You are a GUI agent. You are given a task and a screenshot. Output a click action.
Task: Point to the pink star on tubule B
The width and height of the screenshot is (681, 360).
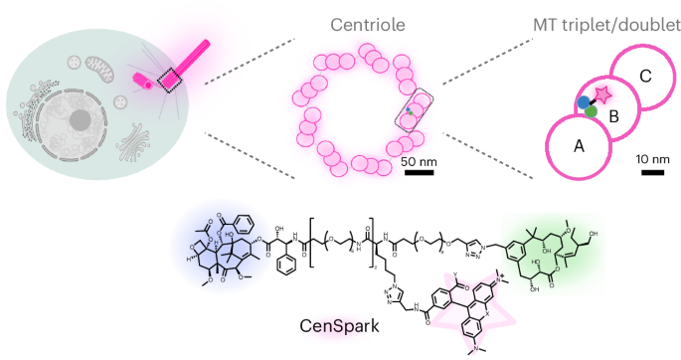tap(602, 95)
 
